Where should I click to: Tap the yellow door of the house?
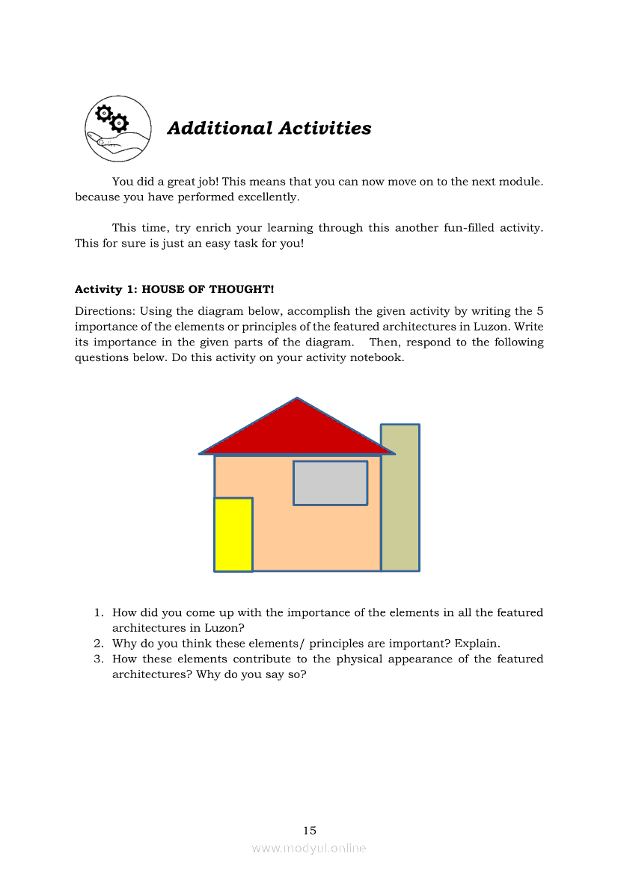tap(233, 535)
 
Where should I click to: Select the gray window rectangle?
tap(330, 483)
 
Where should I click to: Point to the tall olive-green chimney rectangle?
tap(400, 508)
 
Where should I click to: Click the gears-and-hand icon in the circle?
tap(117, 129)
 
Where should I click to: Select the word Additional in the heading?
tap(220, 129)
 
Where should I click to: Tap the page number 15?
tap(310, 831)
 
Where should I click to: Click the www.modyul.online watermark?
tap(309, 848)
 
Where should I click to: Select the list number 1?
tap(98, 613)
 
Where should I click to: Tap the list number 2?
tap(98, 644)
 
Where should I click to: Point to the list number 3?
tap(98, 659)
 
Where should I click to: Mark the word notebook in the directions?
tap(377, 357)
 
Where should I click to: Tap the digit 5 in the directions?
tap(540, 311)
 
